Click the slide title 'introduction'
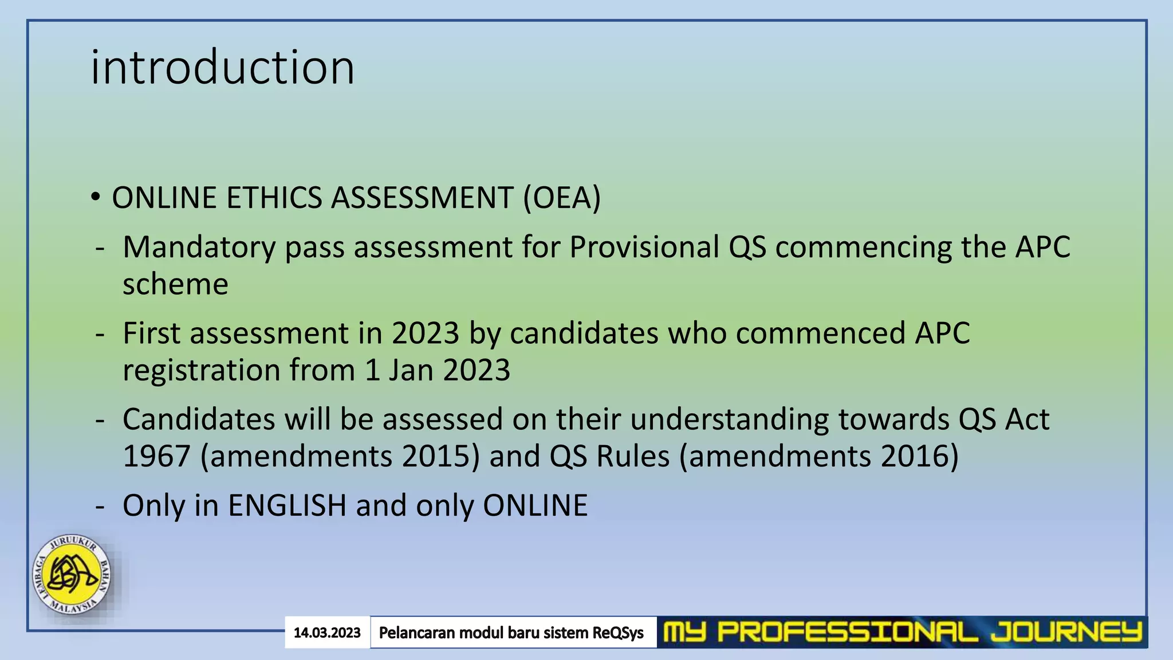coord(222,68)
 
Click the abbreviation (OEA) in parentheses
coord(561,198)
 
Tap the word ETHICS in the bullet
coord(274,198)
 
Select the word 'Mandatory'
coord(199,247)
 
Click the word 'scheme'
coord(175,284)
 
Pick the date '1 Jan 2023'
coord(437,370)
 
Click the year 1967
coord(156,457)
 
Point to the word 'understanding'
coord(729,419)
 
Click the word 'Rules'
coord(633,457)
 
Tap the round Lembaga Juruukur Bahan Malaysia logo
coord(72,575)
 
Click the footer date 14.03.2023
coord(327,632)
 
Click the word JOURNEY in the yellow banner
coord(1066,632)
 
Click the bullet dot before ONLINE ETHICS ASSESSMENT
coord(96,198)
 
